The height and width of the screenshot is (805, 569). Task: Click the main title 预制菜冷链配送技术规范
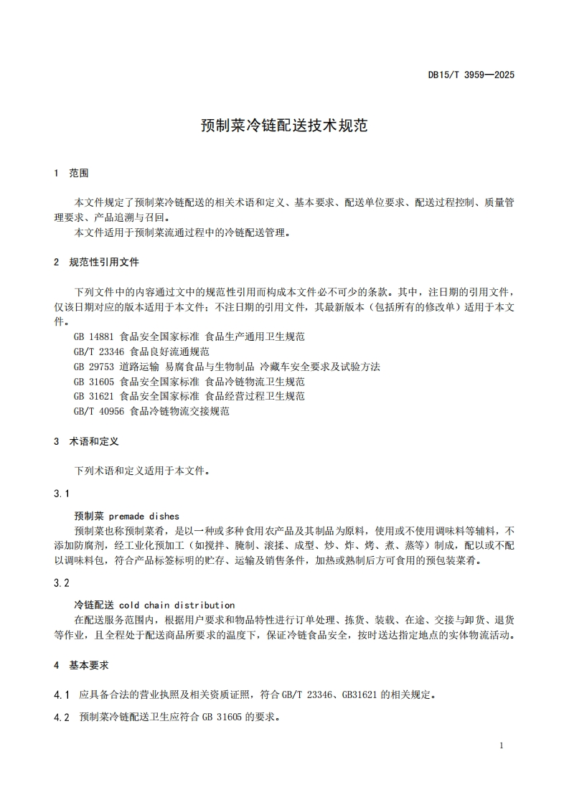pyautogui.click(x=284, y=126)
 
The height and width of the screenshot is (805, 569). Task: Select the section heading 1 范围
pyautogui.click(x=71, y=173)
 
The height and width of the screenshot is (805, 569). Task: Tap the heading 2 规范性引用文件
pyautogui.click(x=96, y=262)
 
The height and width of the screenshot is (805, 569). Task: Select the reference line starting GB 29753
pyautogui.click(x=226, y=367)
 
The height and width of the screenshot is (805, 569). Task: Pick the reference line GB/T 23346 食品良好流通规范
pyautogui.click(x=141, y=352)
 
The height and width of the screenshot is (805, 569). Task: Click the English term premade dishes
pyautogui.click(x=146, y=516)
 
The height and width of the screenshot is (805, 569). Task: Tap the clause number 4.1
pyautogui.click(x=62, y=695)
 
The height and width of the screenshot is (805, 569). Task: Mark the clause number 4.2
pyautogui.click(x=62, y=717)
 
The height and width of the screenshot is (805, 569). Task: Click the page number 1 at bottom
pyautogui.click(x=501, y=745)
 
